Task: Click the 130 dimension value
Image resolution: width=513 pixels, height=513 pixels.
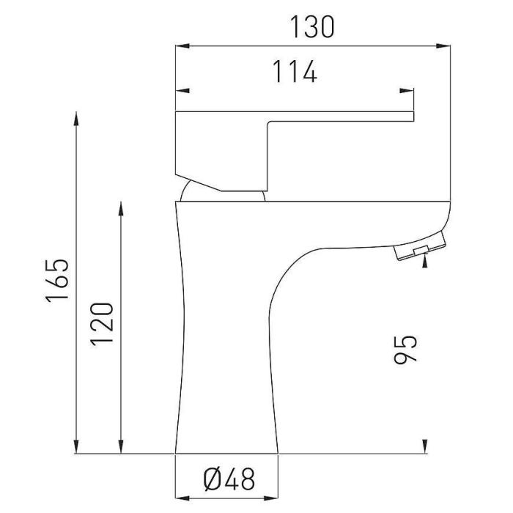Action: tap(312, 27)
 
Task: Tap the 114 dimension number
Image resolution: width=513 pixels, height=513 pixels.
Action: tap(295, 71)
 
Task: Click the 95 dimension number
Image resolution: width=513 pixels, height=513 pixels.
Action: tap(405, 350)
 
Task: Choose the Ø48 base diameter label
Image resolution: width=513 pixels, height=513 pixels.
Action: tap(229, 479)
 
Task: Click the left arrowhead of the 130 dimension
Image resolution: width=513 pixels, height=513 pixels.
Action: tap(182, 45)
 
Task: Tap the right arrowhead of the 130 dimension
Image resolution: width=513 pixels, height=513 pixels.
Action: tap(443, 45)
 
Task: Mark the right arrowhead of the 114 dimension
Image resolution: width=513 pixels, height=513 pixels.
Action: tap(407, 91)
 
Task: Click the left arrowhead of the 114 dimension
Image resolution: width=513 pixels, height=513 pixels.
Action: tap(182, 91)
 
